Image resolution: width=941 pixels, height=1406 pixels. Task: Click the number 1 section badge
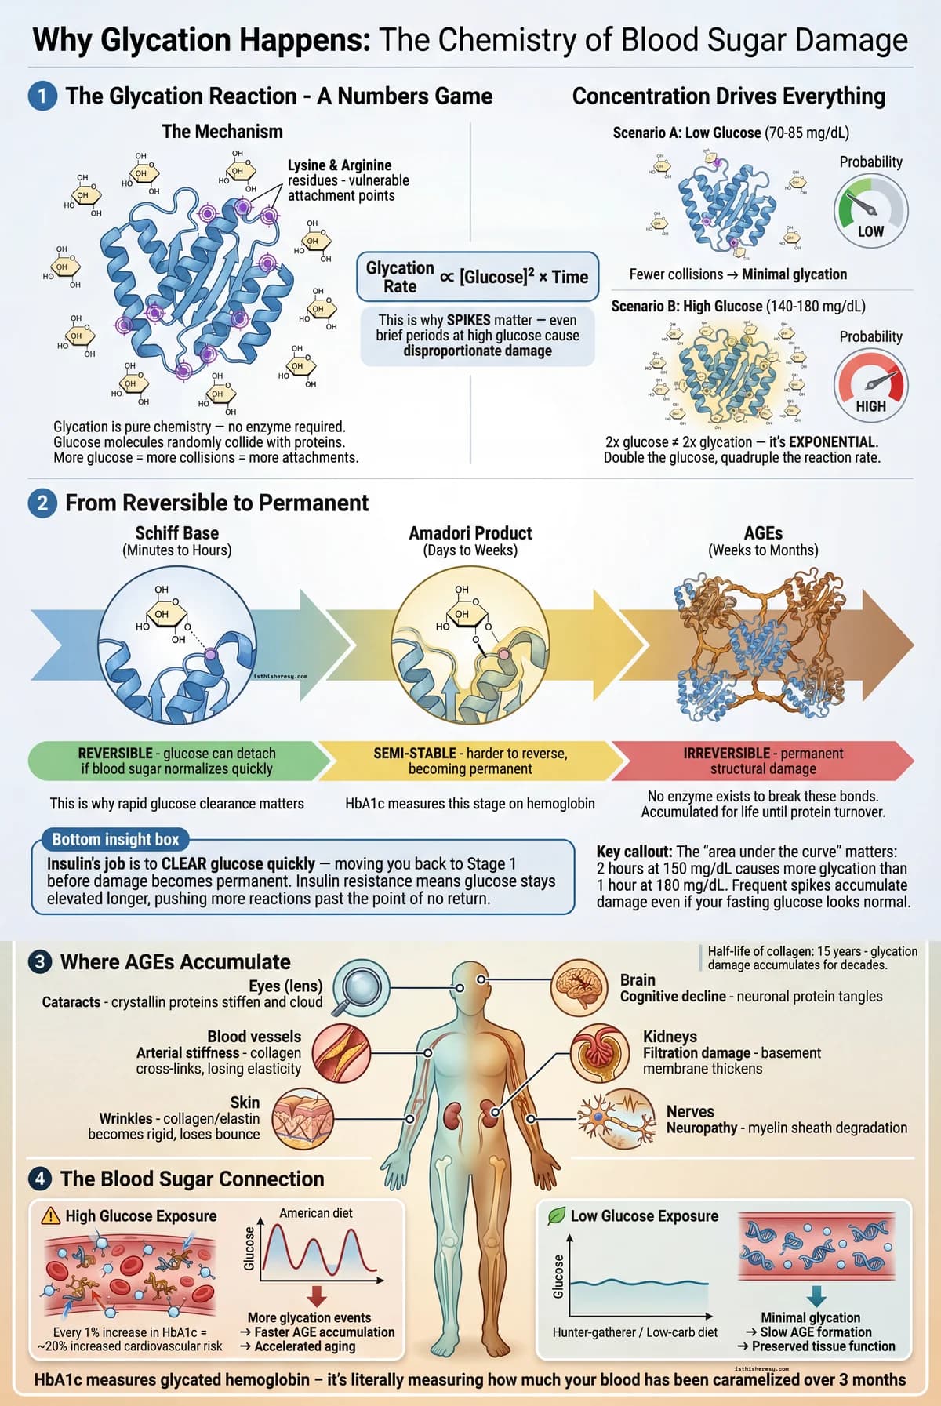pos(42,96)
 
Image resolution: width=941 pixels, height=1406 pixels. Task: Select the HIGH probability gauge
pos(870,385)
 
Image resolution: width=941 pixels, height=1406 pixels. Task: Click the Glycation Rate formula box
pos(477,277)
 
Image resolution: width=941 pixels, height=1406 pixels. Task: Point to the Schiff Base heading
pos(177,533)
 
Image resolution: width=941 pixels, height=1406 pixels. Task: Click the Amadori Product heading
pos(470,533)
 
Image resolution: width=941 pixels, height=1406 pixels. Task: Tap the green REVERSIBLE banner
pos(177,761)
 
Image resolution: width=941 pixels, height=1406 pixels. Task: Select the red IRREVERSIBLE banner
pos(762,761)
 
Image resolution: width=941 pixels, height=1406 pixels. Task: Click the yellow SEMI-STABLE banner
pos(470,761)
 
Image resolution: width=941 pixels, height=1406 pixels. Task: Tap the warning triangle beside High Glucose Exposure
pos(50,1215)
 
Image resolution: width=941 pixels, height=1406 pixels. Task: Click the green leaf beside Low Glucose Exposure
pos(556,1215)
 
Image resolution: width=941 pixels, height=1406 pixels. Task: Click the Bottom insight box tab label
pos(115,839)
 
